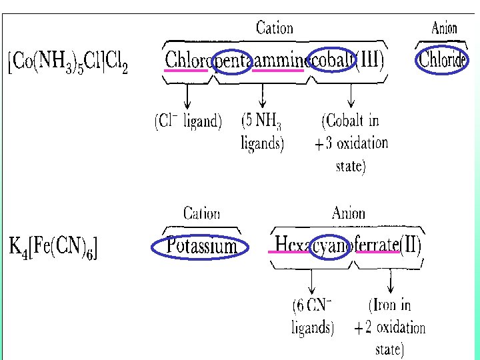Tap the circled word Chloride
[x=441, y=60]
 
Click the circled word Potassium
[x=201, y=247]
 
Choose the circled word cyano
[x=332, y=245]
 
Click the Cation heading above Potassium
[x=201, y=213]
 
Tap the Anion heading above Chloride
[x=445, y=28]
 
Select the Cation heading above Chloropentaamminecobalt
[x=274, y=28]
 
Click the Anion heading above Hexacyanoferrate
[x=348, y=213]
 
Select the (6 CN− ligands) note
[x=313, y=317]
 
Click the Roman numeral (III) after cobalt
[x=370, y=60]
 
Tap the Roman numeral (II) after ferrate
[x=410, y=245]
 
